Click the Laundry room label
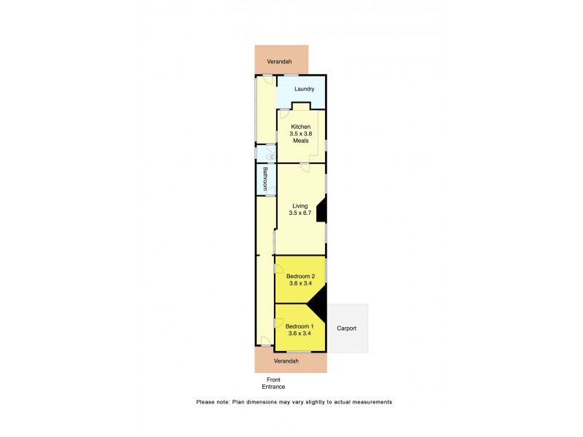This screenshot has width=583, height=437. [304, 89]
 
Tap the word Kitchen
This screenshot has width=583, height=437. [301, 127]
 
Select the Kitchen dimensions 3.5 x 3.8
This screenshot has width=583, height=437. [301, 133]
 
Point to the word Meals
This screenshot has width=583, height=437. [301, 141]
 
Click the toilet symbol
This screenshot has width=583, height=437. [272, 154]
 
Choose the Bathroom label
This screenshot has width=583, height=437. [266, 178]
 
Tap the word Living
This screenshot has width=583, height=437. [300, 205]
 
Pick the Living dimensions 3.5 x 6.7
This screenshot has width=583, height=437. [300, 213]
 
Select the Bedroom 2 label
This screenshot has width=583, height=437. [300, 276]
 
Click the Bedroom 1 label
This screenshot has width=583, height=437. [300, 326]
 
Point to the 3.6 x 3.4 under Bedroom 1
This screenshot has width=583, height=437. [300, 333]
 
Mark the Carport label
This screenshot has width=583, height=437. [347, 328]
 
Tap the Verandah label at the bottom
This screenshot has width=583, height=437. [286, 361]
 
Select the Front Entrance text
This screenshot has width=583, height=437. [275, 383]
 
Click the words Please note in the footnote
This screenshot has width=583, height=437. [213, 402]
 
